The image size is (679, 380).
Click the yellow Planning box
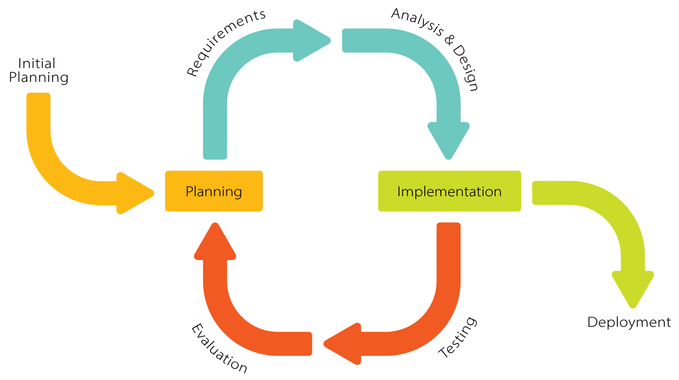[214, 191]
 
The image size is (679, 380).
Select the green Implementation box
[449, 191]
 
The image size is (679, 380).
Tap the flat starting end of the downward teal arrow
[348, 41]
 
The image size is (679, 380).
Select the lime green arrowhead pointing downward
[633, 288]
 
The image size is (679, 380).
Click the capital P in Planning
[190, 191]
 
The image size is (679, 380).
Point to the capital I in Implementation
[399, 191]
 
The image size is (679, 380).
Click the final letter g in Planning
[238, 193]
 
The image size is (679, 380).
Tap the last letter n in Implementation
[497, 192]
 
